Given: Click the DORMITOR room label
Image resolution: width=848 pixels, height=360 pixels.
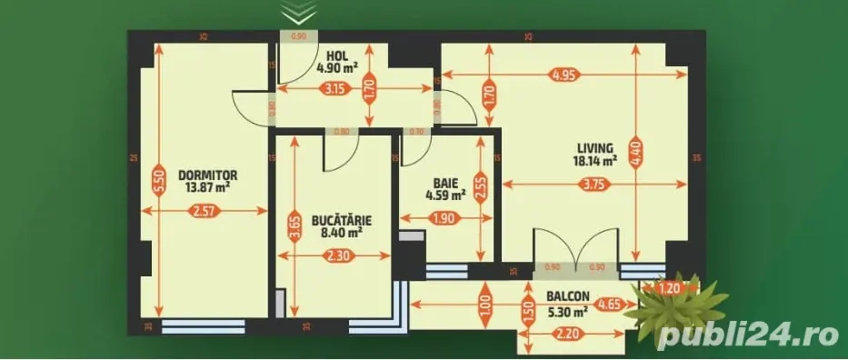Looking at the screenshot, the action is [208, 175].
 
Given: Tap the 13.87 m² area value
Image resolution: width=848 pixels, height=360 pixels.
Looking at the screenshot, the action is [208, 187].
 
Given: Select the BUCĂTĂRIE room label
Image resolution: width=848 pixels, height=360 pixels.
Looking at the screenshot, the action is [336, 220].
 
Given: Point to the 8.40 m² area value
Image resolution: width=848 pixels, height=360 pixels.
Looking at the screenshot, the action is [336, 233].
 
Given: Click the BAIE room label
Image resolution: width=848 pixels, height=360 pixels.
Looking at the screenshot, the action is [445, 181].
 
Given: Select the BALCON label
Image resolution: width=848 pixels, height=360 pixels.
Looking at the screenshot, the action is [568, 296].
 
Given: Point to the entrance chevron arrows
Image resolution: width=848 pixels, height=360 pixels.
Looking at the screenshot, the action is [298, 13].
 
